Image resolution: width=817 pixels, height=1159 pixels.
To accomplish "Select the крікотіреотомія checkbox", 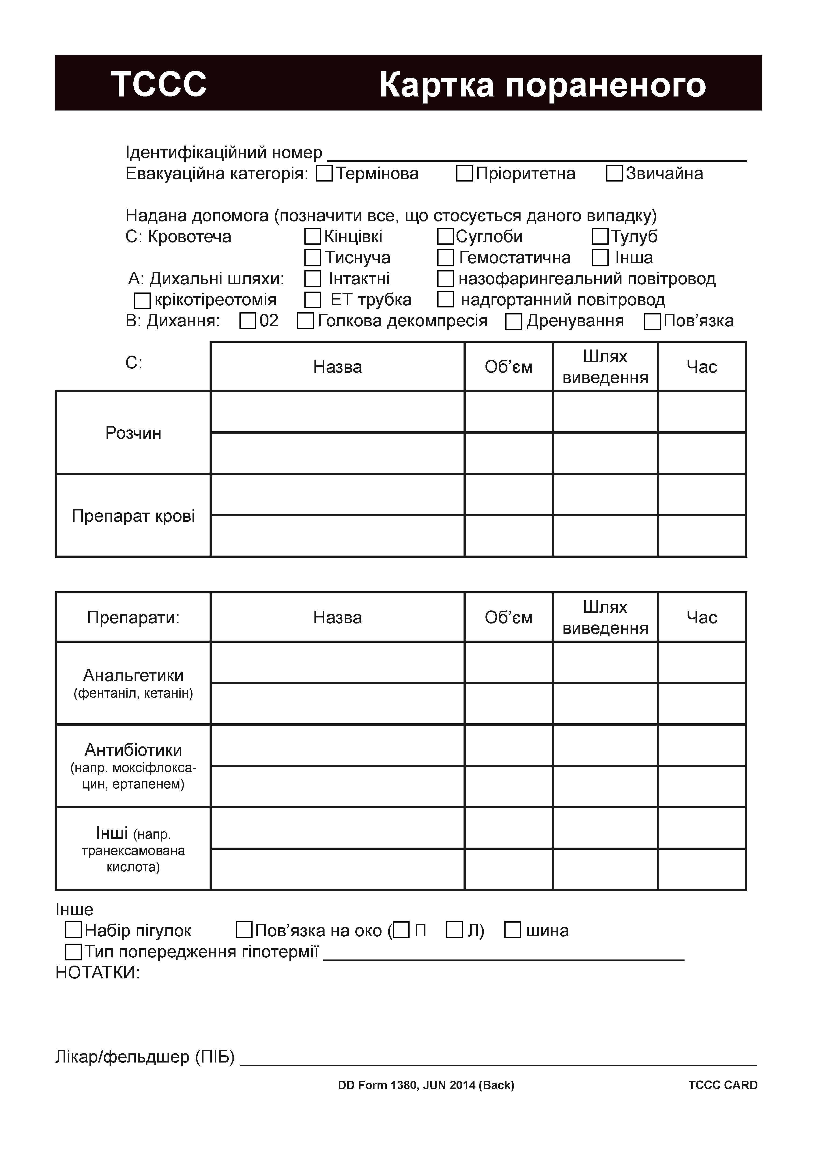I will point(142,301).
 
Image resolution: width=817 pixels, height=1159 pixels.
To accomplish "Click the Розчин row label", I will point(133,433).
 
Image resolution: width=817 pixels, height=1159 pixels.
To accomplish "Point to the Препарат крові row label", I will point(133,516).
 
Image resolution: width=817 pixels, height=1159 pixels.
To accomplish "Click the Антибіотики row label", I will point(133,750).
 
